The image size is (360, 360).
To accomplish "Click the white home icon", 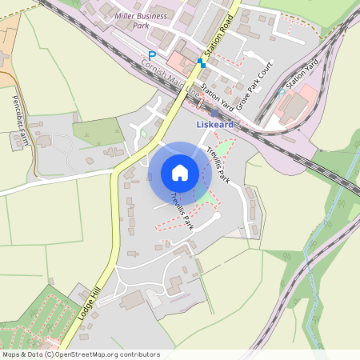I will (x=180, y=172).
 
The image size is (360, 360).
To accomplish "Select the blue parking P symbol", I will (x=152, y=56).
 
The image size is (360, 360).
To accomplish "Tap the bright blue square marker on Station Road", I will (x=200, y=61).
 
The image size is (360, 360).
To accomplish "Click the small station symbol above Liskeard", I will (x=214, y=113).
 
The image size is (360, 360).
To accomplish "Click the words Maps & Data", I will (x=22, y=354).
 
